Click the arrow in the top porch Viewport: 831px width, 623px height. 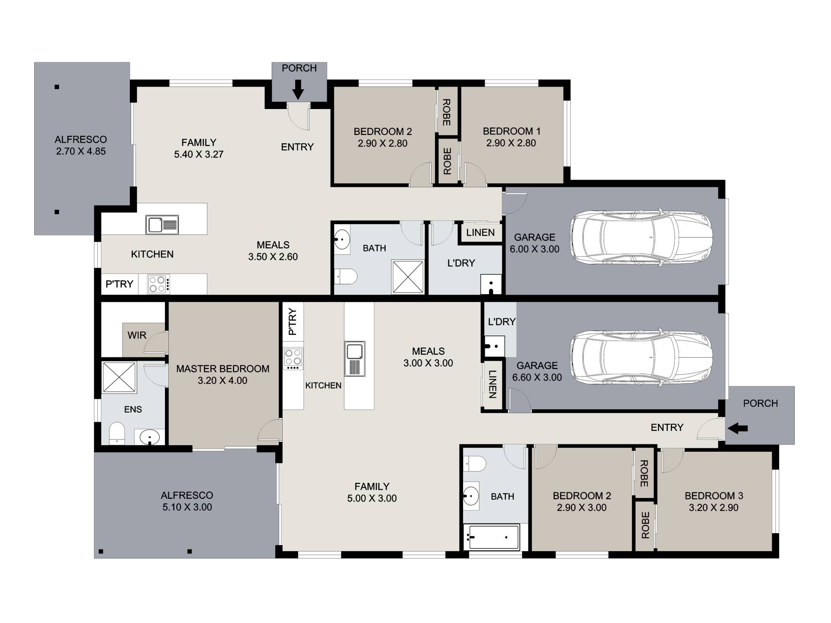pos(298,89)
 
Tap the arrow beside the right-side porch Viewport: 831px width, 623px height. pos(738,428)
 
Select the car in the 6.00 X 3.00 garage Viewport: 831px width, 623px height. pos(641,237)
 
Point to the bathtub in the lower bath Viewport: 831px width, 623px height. pos(491,537)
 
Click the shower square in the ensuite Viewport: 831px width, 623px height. pos(119,377)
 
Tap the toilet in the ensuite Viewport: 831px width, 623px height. pos(117,434)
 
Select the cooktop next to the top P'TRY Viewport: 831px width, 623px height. pos(158,284)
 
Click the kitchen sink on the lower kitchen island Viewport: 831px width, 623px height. pos(355,359)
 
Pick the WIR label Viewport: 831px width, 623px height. pos(137,335)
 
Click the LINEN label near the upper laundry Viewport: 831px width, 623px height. pos(480,232)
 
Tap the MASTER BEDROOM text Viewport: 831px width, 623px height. pos(222,369)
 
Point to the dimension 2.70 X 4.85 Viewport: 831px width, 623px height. pos(81,151)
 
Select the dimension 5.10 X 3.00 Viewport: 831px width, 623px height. pos(187,507)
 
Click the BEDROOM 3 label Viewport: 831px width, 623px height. pos(714,496)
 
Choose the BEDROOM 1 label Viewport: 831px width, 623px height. pos(512,131)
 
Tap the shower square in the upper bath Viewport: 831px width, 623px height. pos(407,277)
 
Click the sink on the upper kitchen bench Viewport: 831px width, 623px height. pos(162,225)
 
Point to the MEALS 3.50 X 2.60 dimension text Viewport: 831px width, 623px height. pos(273,257)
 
